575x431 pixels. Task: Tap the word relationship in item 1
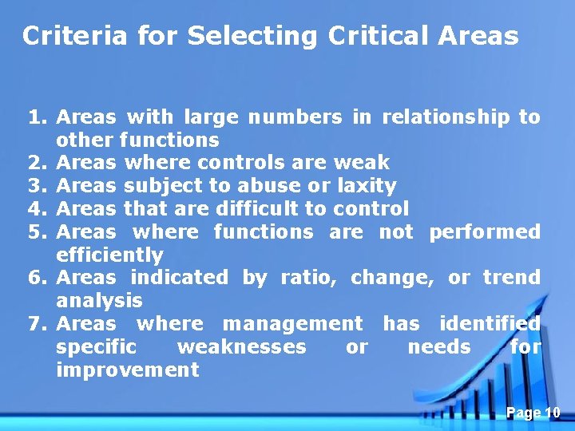[446, 118]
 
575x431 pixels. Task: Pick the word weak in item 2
[361, 164]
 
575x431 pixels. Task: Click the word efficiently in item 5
[109, 256]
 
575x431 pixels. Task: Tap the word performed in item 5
[484, 232]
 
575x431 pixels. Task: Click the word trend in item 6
[511, 279]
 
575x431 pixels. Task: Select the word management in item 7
[292, 324]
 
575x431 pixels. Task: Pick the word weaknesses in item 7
[241, 347]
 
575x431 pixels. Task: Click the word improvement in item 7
[128, 370]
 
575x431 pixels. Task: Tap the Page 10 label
[533, 413]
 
